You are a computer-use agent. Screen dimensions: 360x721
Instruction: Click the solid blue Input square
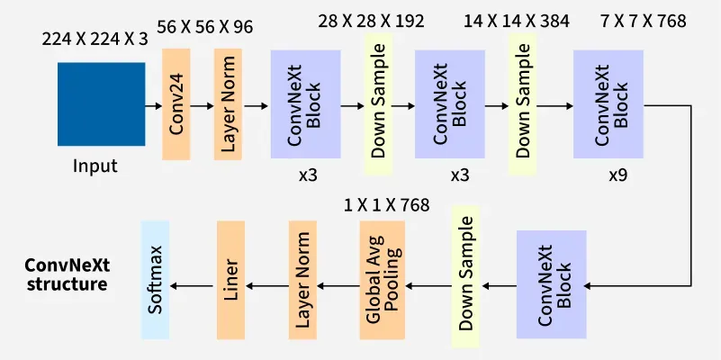pyautogui.click(x=101, y=104)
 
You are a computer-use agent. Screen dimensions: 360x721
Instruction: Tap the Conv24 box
pyautogui.click(x=176, y=105)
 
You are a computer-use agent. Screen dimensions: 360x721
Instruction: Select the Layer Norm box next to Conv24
pyautogui.click(x=229, y=105)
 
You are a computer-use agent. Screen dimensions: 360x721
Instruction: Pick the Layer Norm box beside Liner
pyautogui.click(x=302, y=279)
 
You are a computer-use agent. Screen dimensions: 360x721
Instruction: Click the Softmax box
pyautogui.click(x=156, y=279)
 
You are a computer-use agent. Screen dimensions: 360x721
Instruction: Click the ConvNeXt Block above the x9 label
pyautogui.click(x=608, y=105)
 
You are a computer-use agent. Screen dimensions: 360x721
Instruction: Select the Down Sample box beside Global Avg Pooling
pyautogui.click(x=464, y=279)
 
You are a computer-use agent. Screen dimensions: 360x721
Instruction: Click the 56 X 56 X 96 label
pyautogui.click(x=204, y=28)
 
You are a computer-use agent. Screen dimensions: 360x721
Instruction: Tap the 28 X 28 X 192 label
pyautogui.click(x=371, y=21)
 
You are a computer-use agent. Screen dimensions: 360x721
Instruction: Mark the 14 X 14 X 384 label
pyautogui.click(x=517, y=21)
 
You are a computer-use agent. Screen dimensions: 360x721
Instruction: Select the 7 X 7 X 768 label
pyautogui.click(x=641, y=21)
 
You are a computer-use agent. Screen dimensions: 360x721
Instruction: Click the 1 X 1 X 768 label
pyautogui.click(x=387, y=205)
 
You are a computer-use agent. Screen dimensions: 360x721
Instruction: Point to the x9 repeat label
pyautogui.click(x=617, y=175)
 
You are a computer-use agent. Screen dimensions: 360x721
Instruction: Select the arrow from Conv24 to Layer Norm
pyautogui.click(x=203, y=105)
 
